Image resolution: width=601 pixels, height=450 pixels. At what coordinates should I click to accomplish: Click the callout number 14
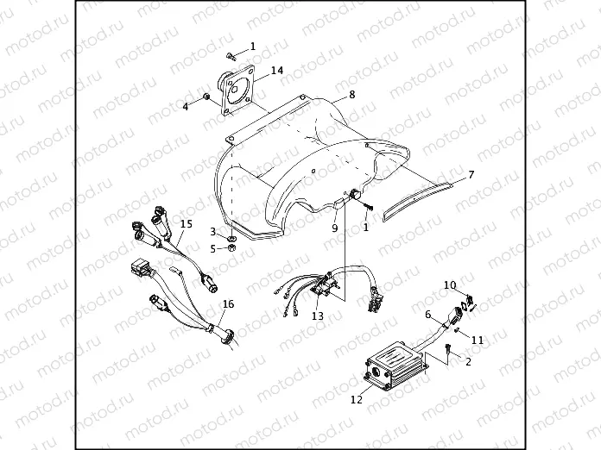click(x=277, y=71)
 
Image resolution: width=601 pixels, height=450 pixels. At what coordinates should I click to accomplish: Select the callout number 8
click(x=351, y=94)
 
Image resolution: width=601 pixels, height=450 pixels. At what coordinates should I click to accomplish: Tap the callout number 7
click(x=471, y=175)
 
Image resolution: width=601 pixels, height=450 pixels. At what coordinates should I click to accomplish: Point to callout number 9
click(x=335, y=228)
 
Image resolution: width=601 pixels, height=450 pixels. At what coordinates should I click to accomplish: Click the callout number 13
click(x=318, y=316)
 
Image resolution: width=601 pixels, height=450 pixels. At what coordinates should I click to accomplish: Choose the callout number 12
click(x=356, y=399)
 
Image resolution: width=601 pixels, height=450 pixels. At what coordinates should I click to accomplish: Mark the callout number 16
click(x=228, y=304)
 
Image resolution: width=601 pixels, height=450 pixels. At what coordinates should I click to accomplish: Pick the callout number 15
click(x=187, y=223)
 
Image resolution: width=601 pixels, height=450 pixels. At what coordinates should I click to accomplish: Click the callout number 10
click(x=451, y=285)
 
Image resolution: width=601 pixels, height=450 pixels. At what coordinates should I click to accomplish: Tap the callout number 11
click(x=478, y=340)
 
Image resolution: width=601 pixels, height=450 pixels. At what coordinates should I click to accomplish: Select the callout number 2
click(x=468, y=361)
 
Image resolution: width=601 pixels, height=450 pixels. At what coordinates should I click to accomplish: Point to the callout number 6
click(x=428, y=315)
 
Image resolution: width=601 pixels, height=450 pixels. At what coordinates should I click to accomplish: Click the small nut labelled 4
click(x=206, y=97)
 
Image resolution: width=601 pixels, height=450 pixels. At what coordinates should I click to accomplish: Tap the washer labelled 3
click(x=231, y=239)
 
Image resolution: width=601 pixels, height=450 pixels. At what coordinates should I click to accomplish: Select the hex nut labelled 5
click(x=231, y=248)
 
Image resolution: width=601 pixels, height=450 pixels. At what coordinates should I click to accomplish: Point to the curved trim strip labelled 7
click(x=418, y=201)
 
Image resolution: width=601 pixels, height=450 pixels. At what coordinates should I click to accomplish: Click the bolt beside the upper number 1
click(x=231, y=56)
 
